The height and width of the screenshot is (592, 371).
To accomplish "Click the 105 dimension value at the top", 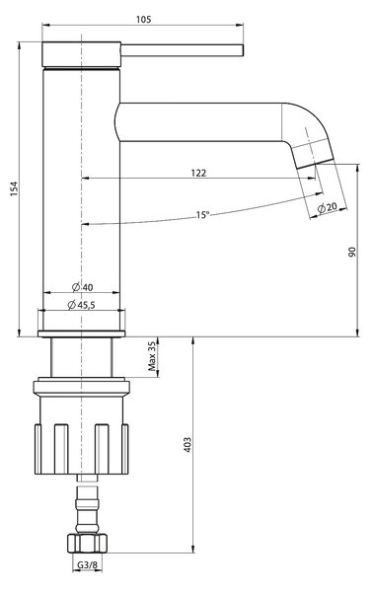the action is point(143,19).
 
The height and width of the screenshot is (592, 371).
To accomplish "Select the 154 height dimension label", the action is point(14,188).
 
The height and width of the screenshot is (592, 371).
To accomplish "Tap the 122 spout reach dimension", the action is point(198,173).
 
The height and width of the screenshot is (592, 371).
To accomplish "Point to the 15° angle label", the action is point(202,215).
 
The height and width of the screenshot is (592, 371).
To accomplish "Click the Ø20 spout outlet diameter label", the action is point(327,207).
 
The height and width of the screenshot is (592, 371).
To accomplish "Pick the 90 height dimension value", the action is point(351,253).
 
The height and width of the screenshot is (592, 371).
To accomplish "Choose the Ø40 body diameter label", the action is point(82,287).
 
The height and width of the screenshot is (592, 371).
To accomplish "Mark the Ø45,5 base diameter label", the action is point(81,305).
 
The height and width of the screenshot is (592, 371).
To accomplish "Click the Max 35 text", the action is point(152,357).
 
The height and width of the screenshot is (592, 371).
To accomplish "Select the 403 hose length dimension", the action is point(187,445).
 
